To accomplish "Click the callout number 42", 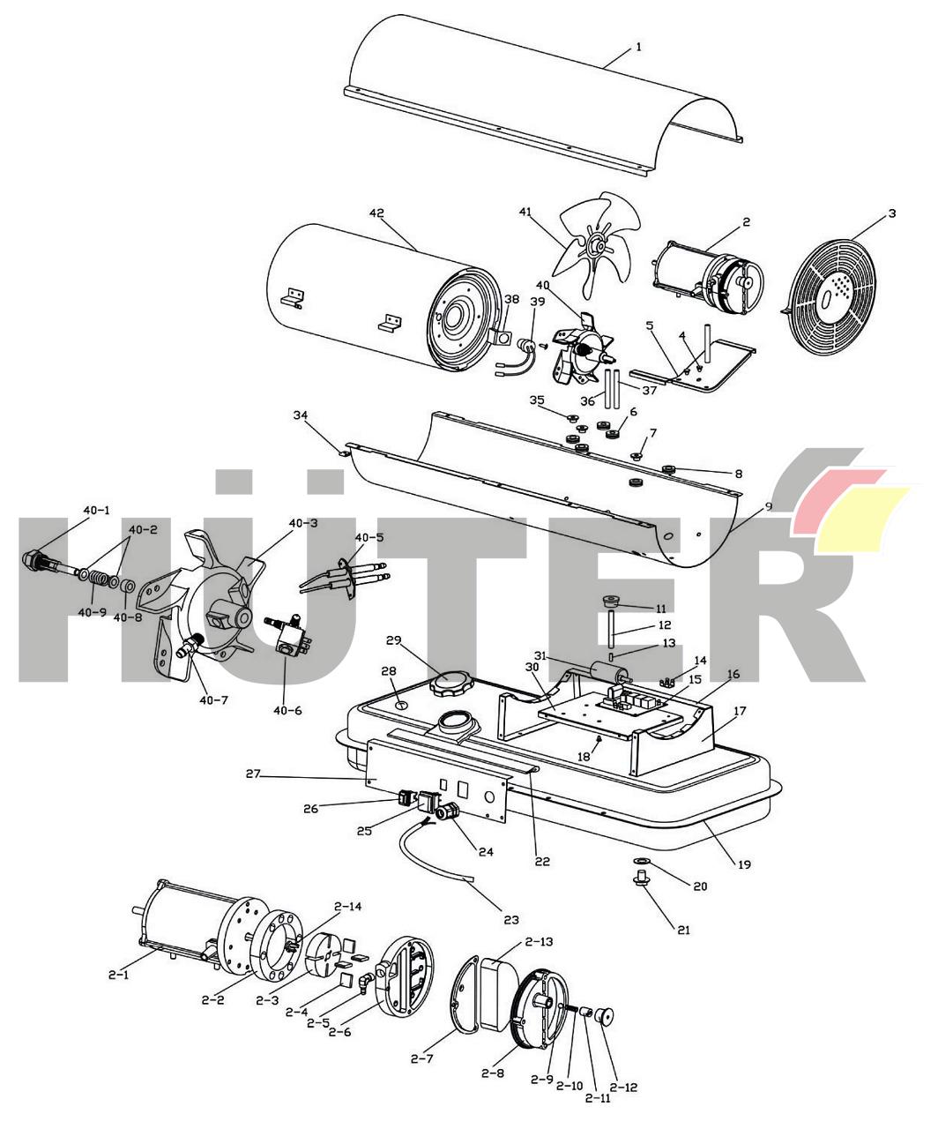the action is [376, 213].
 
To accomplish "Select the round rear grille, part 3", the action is [830, 296].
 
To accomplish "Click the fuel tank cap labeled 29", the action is [450, 685].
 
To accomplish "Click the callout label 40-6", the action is [287, 711].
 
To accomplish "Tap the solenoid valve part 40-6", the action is [288, 634].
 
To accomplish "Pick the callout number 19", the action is [744, 864].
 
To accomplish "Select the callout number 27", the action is [253, 774].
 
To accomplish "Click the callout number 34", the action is [301, 415].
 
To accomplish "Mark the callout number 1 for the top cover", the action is [639, 47].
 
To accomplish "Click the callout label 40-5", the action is [369, 537].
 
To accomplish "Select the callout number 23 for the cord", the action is [511, 920].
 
